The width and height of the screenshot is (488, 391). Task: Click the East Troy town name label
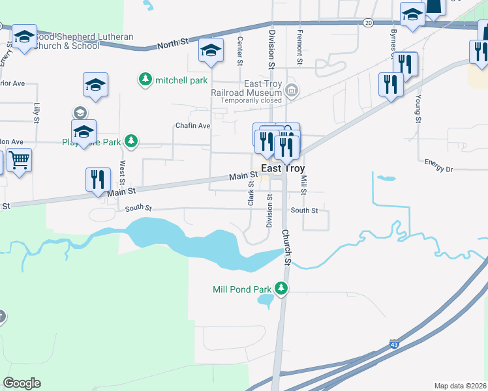click(x=283, y=168)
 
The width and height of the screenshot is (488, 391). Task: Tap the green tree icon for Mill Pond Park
click(x=281, y=289)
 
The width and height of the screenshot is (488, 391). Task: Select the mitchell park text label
click(x=181, y=80)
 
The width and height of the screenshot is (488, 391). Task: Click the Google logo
click(x=22, y=383)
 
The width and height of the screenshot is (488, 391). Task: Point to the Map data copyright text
click(x=459, y=386)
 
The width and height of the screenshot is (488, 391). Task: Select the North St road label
click(x=173, y=43)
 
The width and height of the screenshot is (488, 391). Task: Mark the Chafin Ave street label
click(x=192, y=125)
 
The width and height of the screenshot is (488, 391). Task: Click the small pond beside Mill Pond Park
click(x=266, y=300)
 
